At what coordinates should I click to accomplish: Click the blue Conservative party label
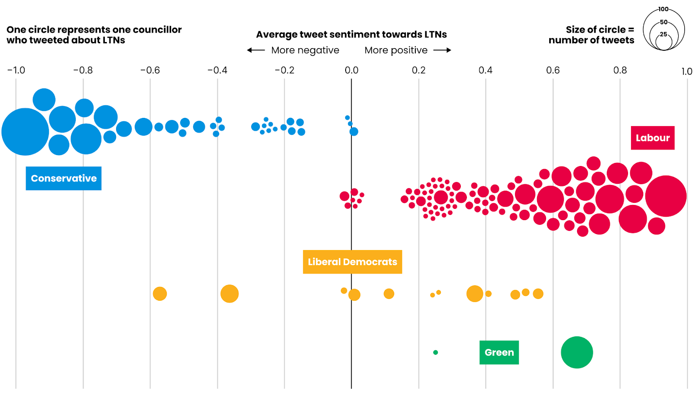64,179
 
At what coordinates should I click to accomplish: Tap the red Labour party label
652,138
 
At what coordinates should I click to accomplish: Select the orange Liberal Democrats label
352,262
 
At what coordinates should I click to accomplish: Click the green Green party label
499,352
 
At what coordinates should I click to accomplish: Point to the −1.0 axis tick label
16,70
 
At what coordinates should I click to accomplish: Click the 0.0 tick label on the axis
351,70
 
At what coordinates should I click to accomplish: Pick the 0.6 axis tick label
553,70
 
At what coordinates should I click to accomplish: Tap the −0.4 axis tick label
217,70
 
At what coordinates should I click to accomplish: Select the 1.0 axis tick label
687,72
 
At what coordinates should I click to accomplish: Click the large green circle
576,352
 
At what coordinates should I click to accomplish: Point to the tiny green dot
435,352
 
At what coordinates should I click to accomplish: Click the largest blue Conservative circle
25,132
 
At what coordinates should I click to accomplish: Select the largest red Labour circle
666,196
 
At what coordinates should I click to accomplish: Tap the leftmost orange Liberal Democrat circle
160,294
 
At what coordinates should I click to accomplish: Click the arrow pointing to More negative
256,50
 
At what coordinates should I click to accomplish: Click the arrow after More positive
442,50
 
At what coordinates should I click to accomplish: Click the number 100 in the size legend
663,9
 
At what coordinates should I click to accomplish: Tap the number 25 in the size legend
663,34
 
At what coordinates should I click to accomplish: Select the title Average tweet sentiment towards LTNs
351,35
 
